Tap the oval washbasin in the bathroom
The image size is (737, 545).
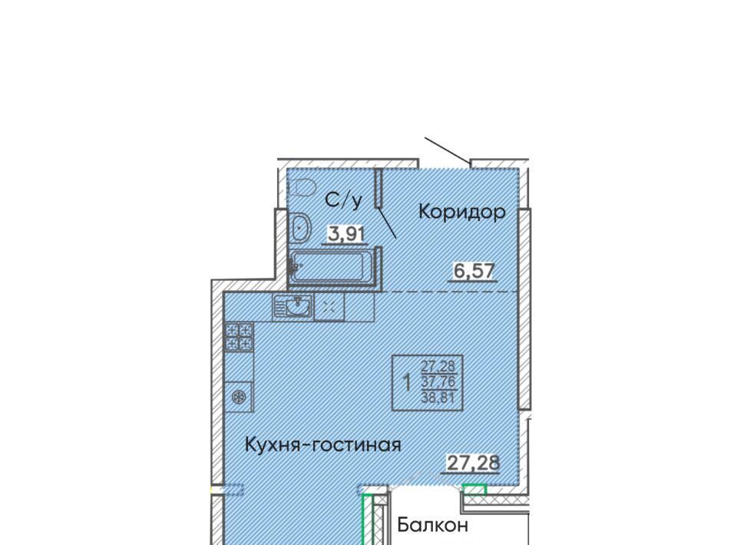click(x=299, y=229)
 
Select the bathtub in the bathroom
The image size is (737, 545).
click(x=332, y=266)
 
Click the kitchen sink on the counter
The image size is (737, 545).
click(x=292, y=307)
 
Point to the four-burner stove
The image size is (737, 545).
click(x=240, y=337)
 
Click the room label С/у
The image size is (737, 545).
click(x=344, y=200)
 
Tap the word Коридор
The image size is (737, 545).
click(x=462, y=212)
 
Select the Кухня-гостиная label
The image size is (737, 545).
click(x=323, y=444)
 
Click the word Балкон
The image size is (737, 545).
click(x=432, y=525)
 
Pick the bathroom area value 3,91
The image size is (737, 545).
click(x=346, y=234)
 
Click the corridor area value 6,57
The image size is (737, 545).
click(x=474, y=271)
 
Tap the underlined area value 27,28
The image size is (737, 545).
click(x=472, y=463)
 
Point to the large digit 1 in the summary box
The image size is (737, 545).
click(x=407, y=382)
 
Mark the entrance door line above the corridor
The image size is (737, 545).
click(x=447, y=150)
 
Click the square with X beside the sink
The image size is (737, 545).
click(x=329, y=308)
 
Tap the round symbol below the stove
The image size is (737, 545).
click(x=240, y=398)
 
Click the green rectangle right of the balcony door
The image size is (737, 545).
click(x=474, y=490)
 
